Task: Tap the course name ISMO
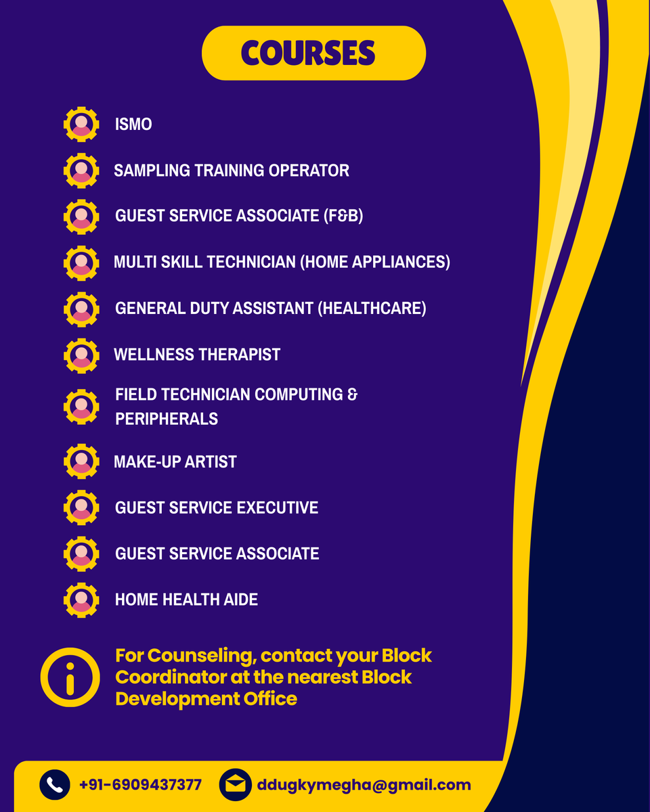pyautogui.click(x=133, y=125)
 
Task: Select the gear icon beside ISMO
pyautogui.click(x=81, y=125)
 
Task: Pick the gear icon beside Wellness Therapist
pyautogui.click(x=81, y=355)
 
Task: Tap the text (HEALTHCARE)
pyautogui.click(x=372, y=309)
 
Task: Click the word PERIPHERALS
pyautogui.click(x=167, y=419)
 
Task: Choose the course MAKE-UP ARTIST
pyautogui.click(x=175, y=462)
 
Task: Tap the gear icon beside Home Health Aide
pyautogui.click(x=81, y=600)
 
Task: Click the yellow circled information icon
pyautogui.click(x=70, y=677)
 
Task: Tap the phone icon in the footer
pyautogui.click(x=55, y=785)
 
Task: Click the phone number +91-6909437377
pyautogui.click(x=140, y=785)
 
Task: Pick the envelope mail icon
pyautogui.click(x=235, y=785)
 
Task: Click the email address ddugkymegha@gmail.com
pyautogui.click(x=364, y=785)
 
